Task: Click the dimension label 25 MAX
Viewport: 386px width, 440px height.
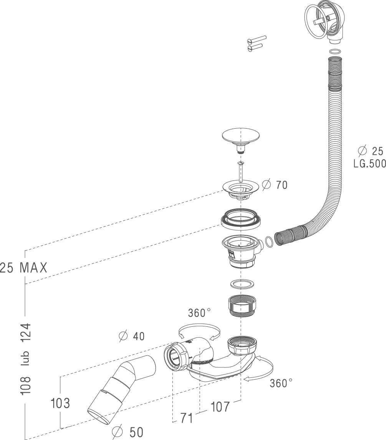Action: (23, 268)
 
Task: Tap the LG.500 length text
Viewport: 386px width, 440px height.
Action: (369, 164)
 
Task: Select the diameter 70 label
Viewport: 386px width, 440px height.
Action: (275, 185)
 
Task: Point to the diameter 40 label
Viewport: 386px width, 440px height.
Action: (132, 336)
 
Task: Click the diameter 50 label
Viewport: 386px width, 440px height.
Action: (129, 432)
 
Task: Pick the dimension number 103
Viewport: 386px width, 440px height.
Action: (60, 403)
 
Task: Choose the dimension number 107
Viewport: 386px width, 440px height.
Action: (220, 407)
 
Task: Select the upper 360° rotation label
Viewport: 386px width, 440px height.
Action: (199, 313)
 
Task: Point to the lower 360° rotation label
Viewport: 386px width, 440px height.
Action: (281, 383)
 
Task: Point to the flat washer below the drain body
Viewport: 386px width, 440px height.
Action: (241, 284)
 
